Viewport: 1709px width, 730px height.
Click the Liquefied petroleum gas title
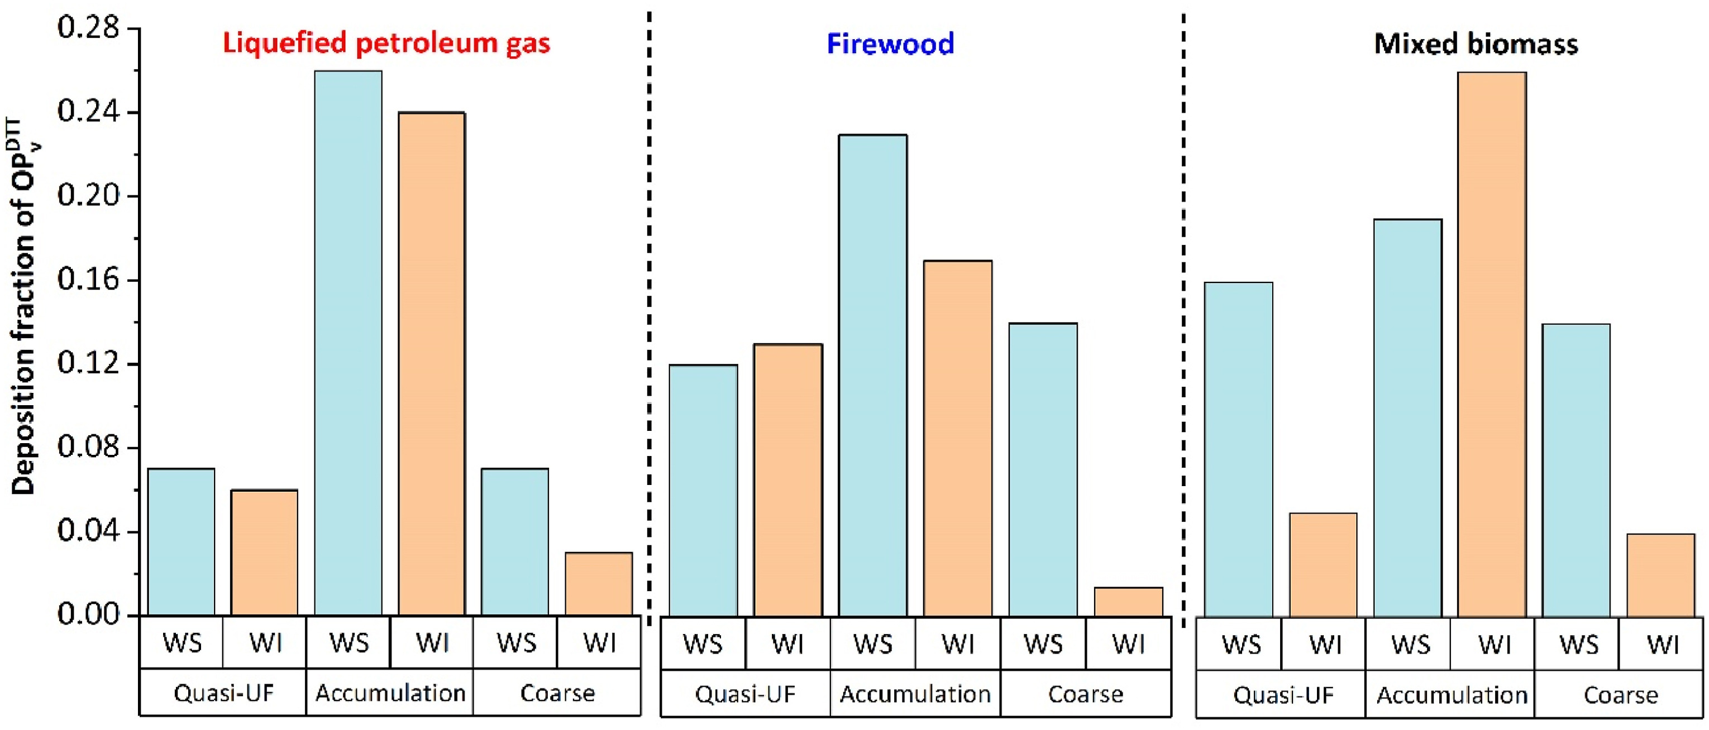(x=386, y=43)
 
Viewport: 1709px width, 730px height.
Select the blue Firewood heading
(x=890, y=44)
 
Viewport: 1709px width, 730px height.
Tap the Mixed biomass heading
(x=1476, y=44)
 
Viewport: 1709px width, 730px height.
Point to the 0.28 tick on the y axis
(x=88, y=28)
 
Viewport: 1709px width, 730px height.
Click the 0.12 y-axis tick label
(x=88, y=363)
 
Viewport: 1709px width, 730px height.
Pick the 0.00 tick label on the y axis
(x=88, y=614)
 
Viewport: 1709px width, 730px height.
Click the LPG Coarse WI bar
(x=598, y=583)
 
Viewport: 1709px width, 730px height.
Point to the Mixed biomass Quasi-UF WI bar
(x=1323, y=564)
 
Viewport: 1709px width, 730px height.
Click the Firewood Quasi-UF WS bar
(x=703, y=490)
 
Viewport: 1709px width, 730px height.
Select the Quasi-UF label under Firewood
(x=745, y=694)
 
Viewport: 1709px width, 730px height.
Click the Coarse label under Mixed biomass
(x=1620, y=695)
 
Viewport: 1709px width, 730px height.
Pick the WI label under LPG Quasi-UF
(x=265, y=642)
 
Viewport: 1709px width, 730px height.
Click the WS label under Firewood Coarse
(x=1043, y=644)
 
